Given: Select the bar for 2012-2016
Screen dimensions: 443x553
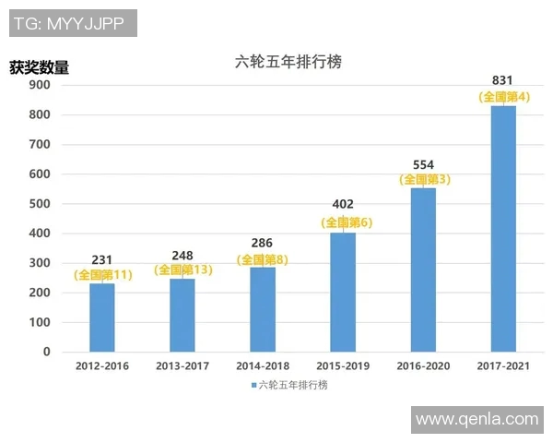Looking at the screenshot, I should pyautogui.click(x=102, y=317).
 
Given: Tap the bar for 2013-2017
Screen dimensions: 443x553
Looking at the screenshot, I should pyautogui.click(x=182, y=314).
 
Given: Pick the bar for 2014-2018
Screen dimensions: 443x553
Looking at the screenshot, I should pyautogui.click(x=263, y=308).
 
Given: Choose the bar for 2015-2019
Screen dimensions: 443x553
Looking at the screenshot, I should pyautogui.click(x=343, y=292).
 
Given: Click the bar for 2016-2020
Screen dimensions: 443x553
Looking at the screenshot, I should pyautogui.click(x=423, y=269).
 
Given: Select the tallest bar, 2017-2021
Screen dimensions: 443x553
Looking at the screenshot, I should pyautogui.click(x=503, y=228).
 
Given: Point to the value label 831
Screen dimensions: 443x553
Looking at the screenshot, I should pyautogui.click(x=503, y=80).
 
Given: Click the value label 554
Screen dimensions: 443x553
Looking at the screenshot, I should pyautogui.click(x=424, y=163).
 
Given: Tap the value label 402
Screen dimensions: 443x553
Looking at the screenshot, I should pyautogui.click(x=343, y=205).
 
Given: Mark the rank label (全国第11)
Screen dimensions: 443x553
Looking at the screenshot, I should pyautogui.click(x=102, y=276).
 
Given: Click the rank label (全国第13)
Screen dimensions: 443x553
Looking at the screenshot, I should pyautogui.click(x=182, y=269).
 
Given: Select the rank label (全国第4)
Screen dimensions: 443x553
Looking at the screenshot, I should pyautogui.click(x=503, y=96).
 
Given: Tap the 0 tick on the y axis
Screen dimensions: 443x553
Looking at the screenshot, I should pyautogui.click(x=44, y=352).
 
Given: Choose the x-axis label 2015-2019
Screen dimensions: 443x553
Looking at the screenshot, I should pyautogui.click(x=343, y=366).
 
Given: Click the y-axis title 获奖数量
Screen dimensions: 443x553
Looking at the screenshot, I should pyautogui.click(x=39, y=66).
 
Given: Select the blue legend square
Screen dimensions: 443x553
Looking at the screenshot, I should pyautogui.click(x=253, y=385).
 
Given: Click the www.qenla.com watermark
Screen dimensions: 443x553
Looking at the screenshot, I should pyautogui.click(x=477, y=419).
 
